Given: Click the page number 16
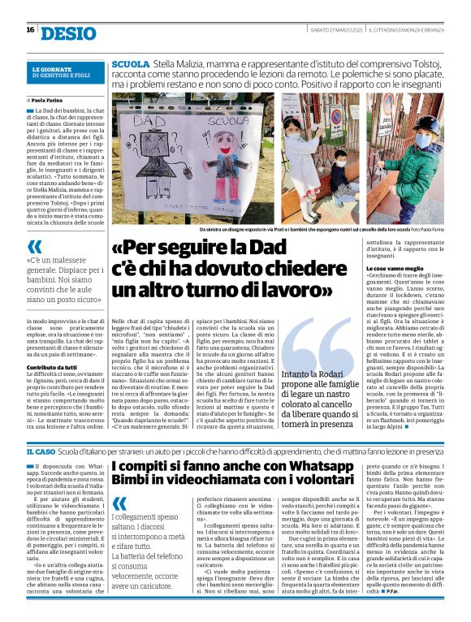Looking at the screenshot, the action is [30, 30].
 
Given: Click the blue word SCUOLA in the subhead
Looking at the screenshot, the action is [131, 63].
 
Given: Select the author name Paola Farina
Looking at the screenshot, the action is [54, 100].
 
